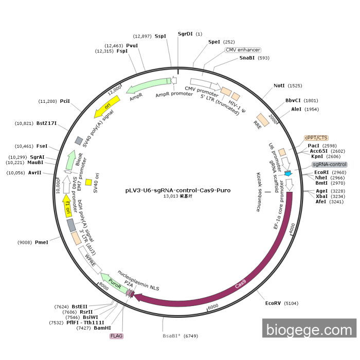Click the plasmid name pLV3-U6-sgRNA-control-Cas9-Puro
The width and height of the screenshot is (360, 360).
(178, 190)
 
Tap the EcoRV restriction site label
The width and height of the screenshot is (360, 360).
(273, 303)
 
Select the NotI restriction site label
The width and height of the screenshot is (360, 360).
(279, 86)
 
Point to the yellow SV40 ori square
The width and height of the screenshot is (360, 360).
(88, 182)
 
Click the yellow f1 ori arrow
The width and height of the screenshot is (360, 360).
(67, 206)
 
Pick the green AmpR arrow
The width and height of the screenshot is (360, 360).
(148, 85)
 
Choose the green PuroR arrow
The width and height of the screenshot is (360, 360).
(114, 283)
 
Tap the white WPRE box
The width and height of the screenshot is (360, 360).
(90, 260)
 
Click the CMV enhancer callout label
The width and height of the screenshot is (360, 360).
(243, 50)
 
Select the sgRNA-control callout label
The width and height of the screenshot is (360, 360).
(330, 165)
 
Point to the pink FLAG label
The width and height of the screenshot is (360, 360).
(116, 336)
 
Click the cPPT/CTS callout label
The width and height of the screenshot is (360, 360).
(316, 138)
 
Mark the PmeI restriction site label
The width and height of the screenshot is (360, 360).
(42, 242)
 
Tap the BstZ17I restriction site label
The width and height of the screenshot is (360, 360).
(46, 123)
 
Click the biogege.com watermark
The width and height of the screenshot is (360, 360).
(309, 328)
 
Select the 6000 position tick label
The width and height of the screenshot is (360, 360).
(213, 307)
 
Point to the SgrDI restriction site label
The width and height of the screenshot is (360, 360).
(185, 34)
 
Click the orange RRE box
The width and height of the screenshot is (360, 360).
(263, 120)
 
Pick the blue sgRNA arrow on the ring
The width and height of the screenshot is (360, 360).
(288, 173)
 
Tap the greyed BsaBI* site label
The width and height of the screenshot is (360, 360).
(171, 336)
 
